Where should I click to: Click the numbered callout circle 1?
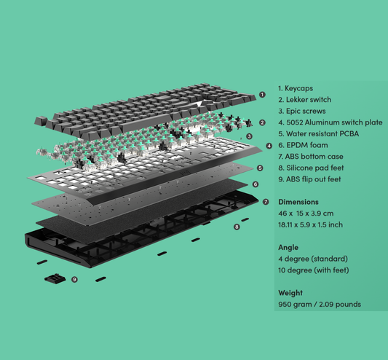pos(262,95)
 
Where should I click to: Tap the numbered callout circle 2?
pos(262,122)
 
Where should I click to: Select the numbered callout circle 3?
pos(250,136)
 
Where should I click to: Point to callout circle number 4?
pos(269,146)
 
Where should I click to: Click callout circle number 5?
pos(260,168)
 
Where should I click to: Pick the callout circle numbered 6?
pos(256,184)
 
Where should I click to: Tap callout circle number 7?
pos(266,202)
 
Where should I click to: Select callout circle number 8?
pos(237,227)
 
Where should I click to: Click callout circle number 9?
pos(74,280)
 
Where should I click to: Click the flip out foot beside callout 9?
pos(55,278)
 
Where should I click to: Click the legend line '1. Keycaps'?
pos(296,88)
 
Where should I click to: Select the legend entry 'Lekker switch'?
pos(309,100)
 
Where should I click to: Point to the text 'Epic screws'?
pos(306,111)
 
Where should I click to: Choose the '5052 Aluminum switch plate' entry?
pos(334,122)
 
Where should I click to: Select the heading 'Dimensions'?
pos(298,202)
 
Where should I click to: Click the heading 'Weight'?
pos(290,293)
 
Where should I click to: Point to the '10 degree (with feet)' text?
pos(314,270)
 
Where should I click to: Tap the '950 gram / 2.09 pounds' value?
pos(320,305)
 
